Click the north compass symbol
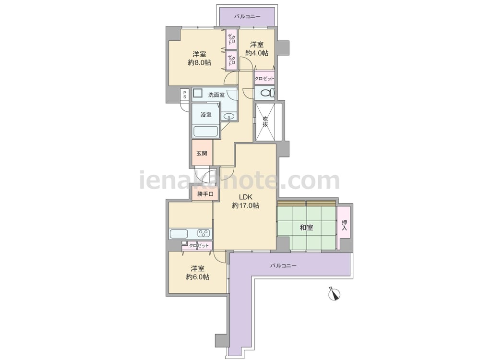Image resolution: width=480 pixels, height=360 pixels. point(335,295)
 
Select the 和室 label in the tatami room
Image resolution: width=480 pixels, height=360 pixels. point(306,228)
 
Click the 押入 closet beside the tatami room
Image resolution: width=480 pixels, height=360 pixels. point(344,226)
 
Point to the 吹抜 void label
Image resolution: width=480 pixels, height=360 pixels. point(265,121)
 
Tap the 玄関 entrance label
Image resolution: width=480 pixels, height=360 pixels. point(202,153)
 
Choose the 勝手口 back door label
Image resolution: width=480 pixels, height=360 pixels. point(205,194)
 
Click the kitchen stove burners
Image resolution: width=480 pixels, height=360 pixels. point(204,234)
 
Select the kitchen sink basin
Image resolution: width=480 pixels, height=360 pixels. point(179,234)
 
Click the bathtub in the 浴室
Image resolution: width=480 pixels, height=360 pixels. point(206,132)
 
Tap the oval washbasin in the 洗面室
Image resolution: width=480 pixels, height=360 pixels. point(229,116)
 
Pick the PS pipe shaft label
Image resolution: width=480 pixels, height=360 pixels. point(185,94)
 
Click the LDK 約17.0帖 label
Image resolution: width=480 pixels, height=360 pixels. point(245,202)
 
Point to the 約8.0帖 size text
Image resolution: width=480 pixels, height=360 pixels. point(199,62)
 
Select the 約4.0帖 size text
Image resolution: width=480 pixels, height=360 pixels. point(257,53)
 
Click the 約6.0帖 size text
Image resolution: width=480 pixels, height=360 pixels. point(198,277)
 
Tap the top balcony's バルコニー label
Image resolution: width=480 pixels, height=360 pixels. point(247,16)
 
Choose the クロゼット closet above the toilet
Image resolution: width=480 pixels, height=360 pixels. point(264,78)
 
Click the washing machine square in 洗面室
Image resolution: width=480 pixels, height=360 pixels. point(197,93)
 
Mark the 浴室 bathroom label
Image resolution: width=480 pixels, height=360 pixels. point(206,115)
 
